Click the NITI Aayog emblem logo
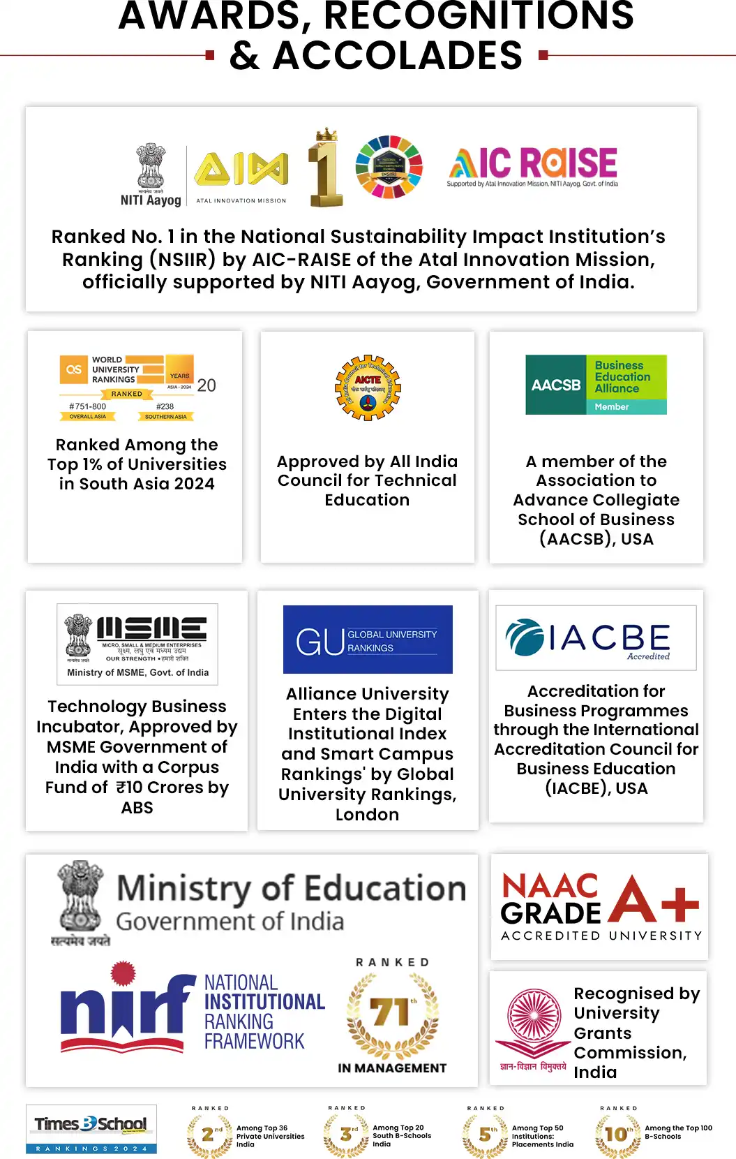(x=151, y=175)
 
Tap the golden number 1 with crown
(x=326, y=168)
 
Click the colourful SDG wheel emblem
(x=389, y=168)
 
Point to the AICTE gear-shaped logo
(x=368, y=387)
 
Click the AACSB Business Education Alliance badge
(x=596, y=385)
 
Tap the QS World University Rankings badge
(x=137, y=387)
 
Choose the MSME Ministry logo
(x=137, y=643)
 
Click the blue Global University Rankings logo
(x=368, y=639)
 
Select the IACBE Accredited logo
(x=596, y=637)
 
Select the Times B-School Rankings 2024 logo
(x=91, y=1129)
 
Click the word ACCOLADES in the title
(x=398, y=56)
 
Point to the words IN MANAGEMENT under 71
(x=392, y=1068)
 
